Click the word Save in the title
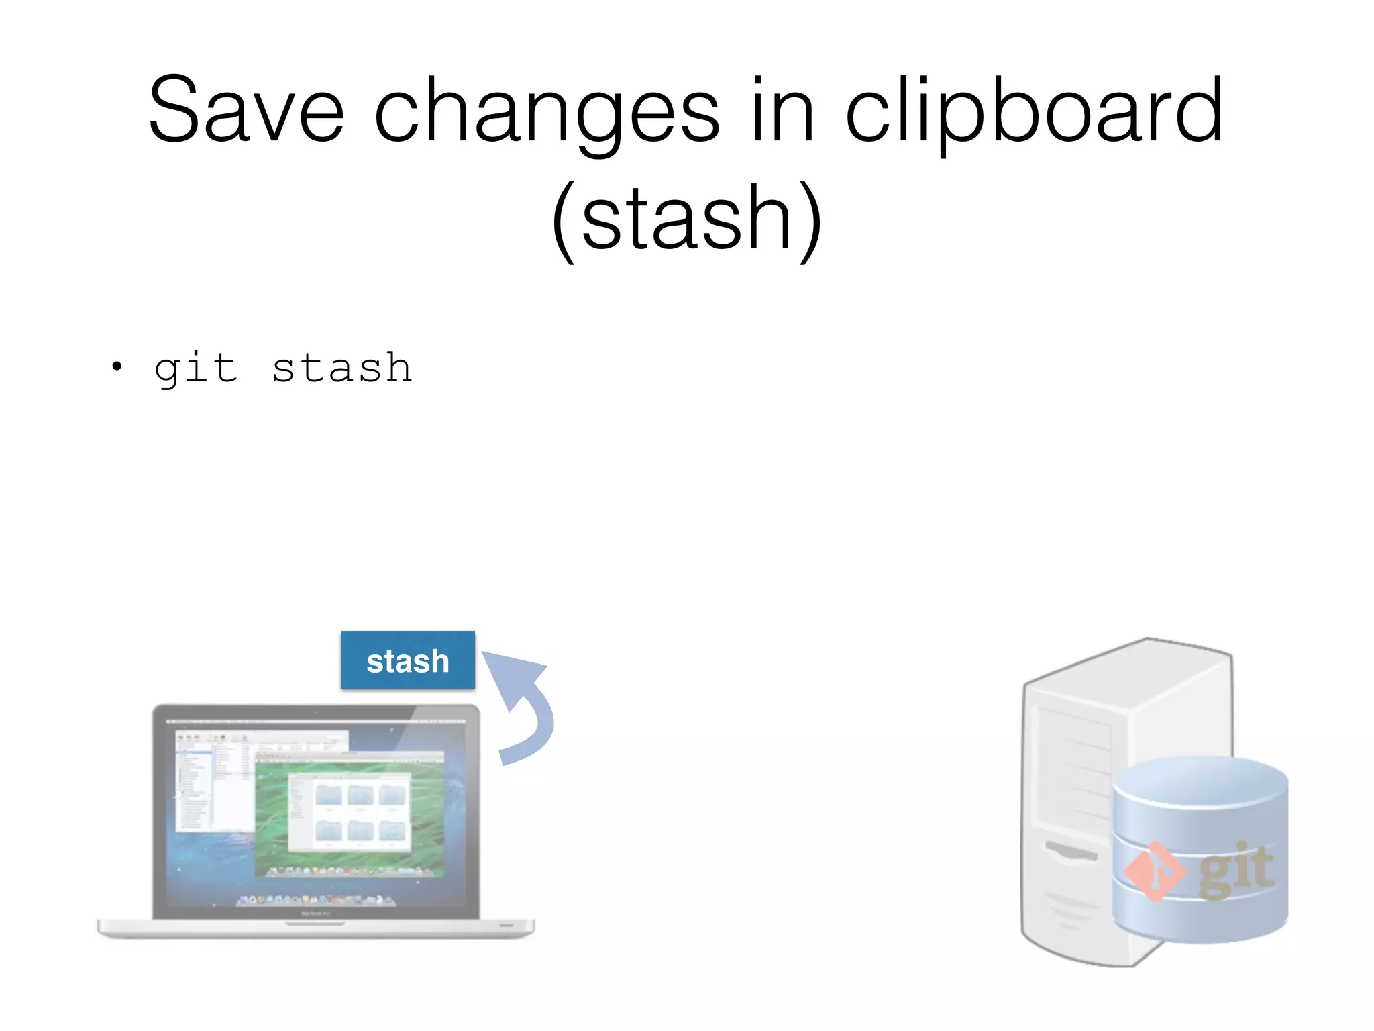point(246,111)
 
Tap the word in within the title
point(782,111)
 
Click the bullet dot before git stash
point(117,366)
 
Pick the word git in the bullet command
point(195,368)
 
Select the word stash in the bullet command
point(341,368)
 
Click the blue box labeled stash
point(407,660)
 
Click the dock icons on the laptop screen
point(315,900)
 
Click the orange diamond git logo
point(1154,871)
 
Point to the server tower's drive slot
point(1070,851)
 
